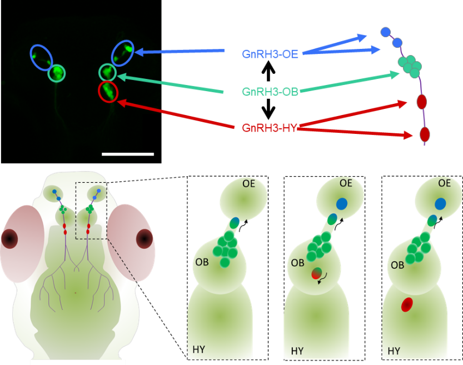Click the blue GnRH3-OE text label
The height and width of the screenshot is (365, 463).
pyautogui.click(x=270, y=53)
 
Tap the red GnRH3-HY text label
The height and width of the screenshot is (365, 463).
pyautogui.click(x=270, y=127)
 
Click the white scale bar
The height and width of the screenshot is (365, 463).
pyautogui.click(x=128, y=153)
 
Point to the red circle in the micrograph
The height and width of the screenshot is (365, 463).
pyautogui.click(x=108, y=91)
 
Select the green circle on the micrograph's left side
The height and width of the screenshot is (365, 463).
pyautogui.click(x=57, y=72)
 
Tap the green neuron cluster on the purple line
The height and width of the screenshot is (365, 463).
pyautogui.click(x=410, y=65)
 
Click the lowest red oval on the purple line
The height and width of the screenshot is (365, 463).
pyautogui.click(x=425, y=134)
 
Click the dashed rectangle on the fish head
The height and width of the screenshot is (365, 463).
pyautogui.click(x=91, y=211)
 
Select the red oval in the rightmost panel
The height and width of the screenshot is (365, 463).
pyautogui.click(x=407, y=304)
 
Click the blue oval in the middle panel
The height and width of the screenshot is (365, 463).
pyautogui.click(x=341, y=203)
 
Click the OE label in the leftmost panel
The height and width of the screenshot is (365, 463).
pyautogui.click(x=248, y=183)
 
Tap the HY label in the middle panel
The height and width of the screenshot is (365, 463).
pyautogui.click(x=297, y=351)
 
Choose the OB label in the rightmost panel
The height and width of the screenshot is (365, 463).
pyautogui.click(x=397, y=264)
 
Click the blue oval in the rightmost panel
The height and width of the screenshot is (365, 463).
pyautogui.click(x=440, y=203)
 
